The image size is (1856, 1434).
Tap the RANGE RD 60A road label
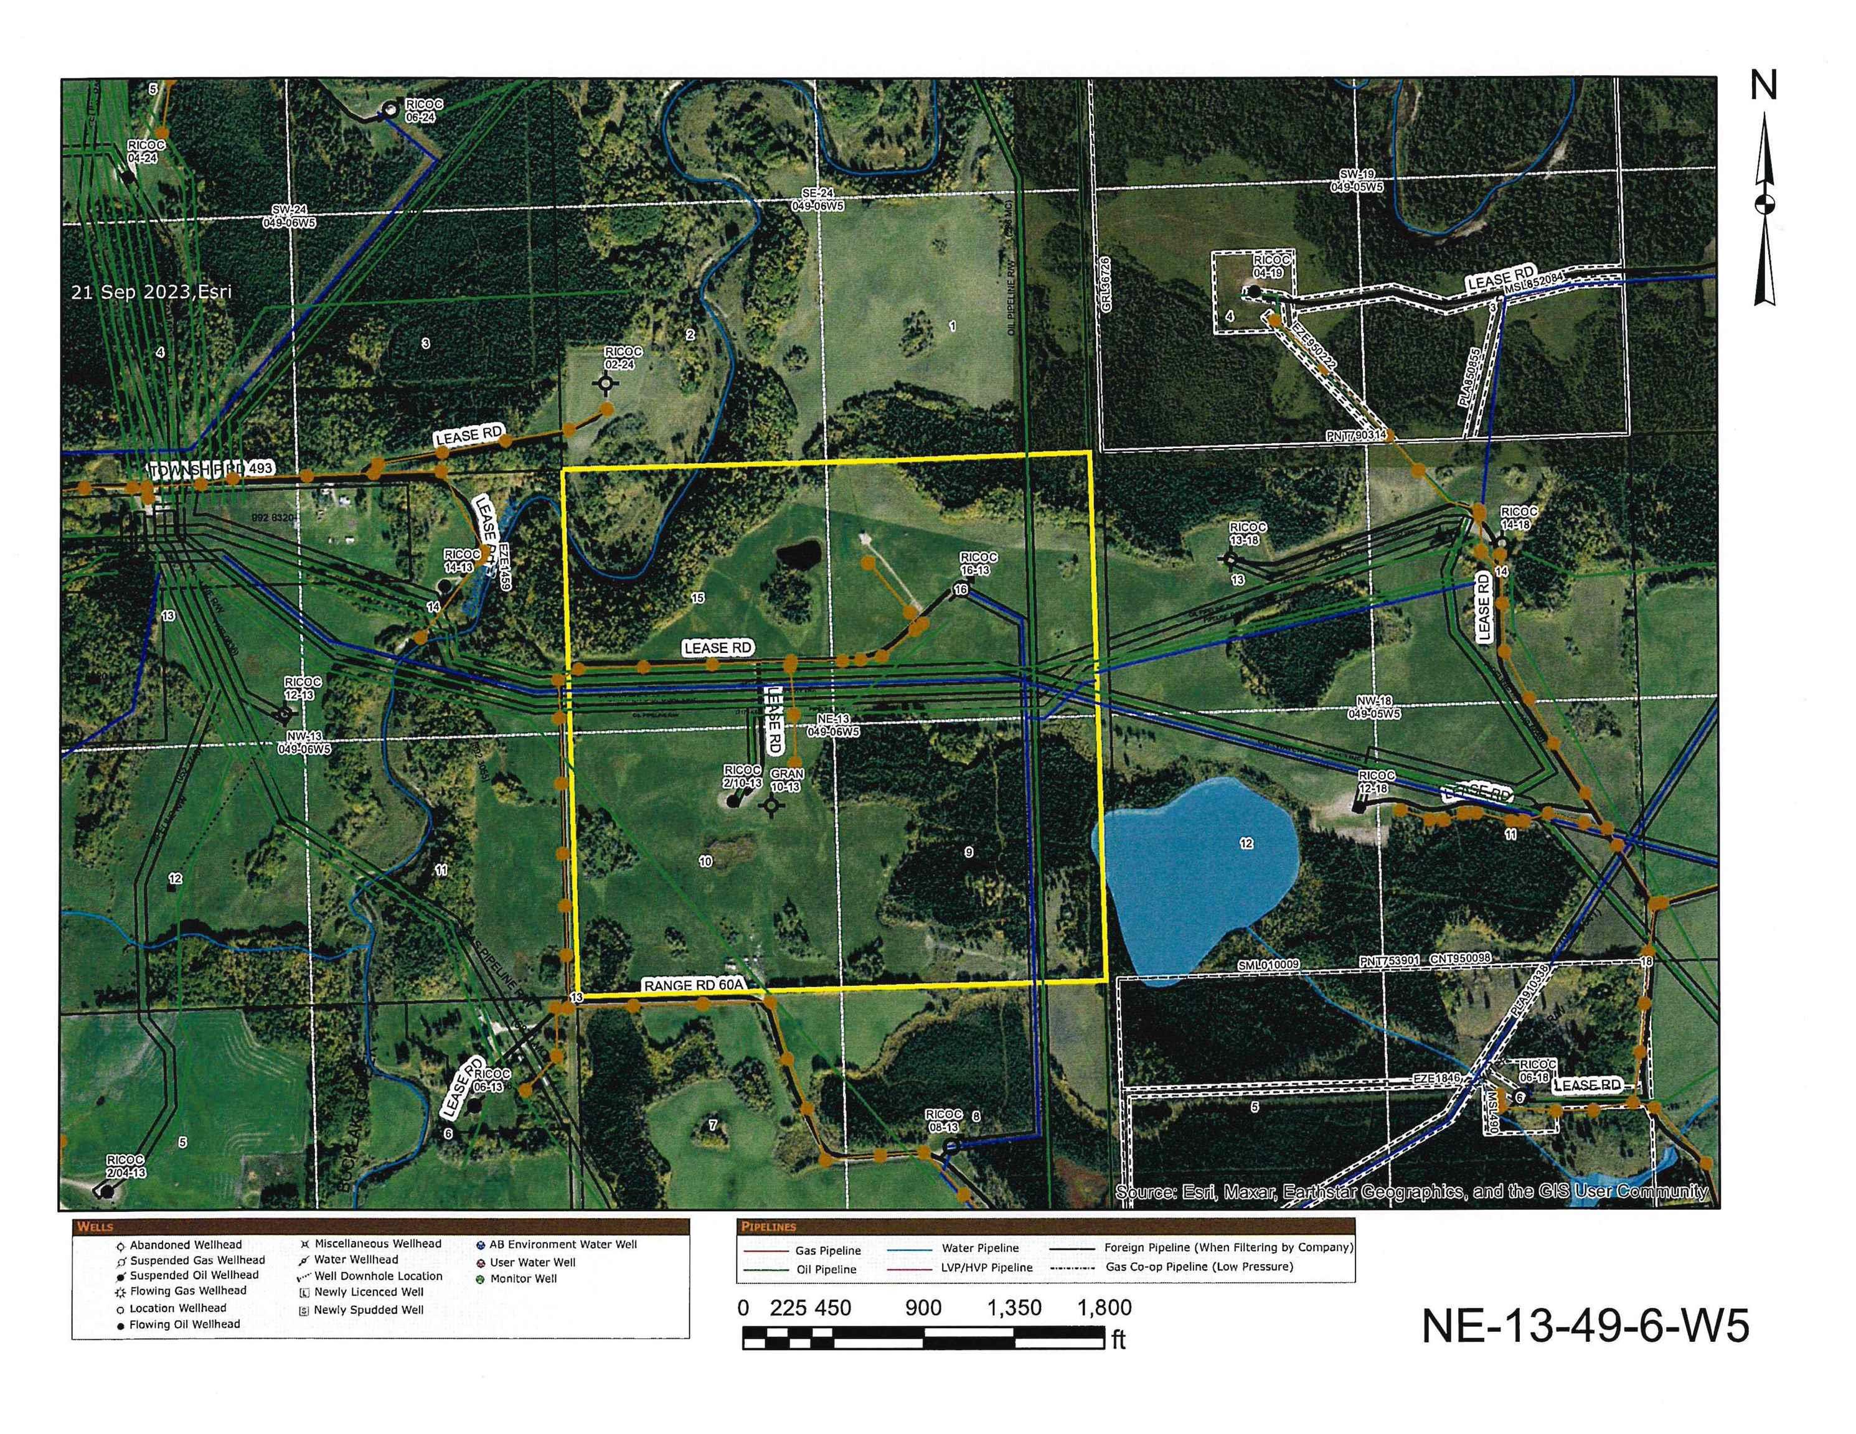coord(694,985)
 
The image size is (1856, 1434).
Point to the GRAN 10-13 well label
coord(786,780)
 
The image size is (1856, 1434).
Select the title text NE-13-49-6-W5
coord(1585,1325)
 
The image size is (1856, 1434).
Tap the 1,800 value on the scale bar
coord(1104,1308)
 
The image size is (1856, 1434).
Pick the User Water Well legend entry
coord(532,1262)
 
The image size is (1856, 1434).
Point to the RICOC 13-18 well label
coord(1248,533)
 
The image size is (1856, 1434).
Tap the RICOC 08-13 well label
coord(943,1120)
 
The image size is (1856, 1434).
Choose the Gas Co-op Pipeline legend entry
coord(1199,1267)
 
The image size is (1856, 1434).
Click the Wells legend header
coord(95,1227)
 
